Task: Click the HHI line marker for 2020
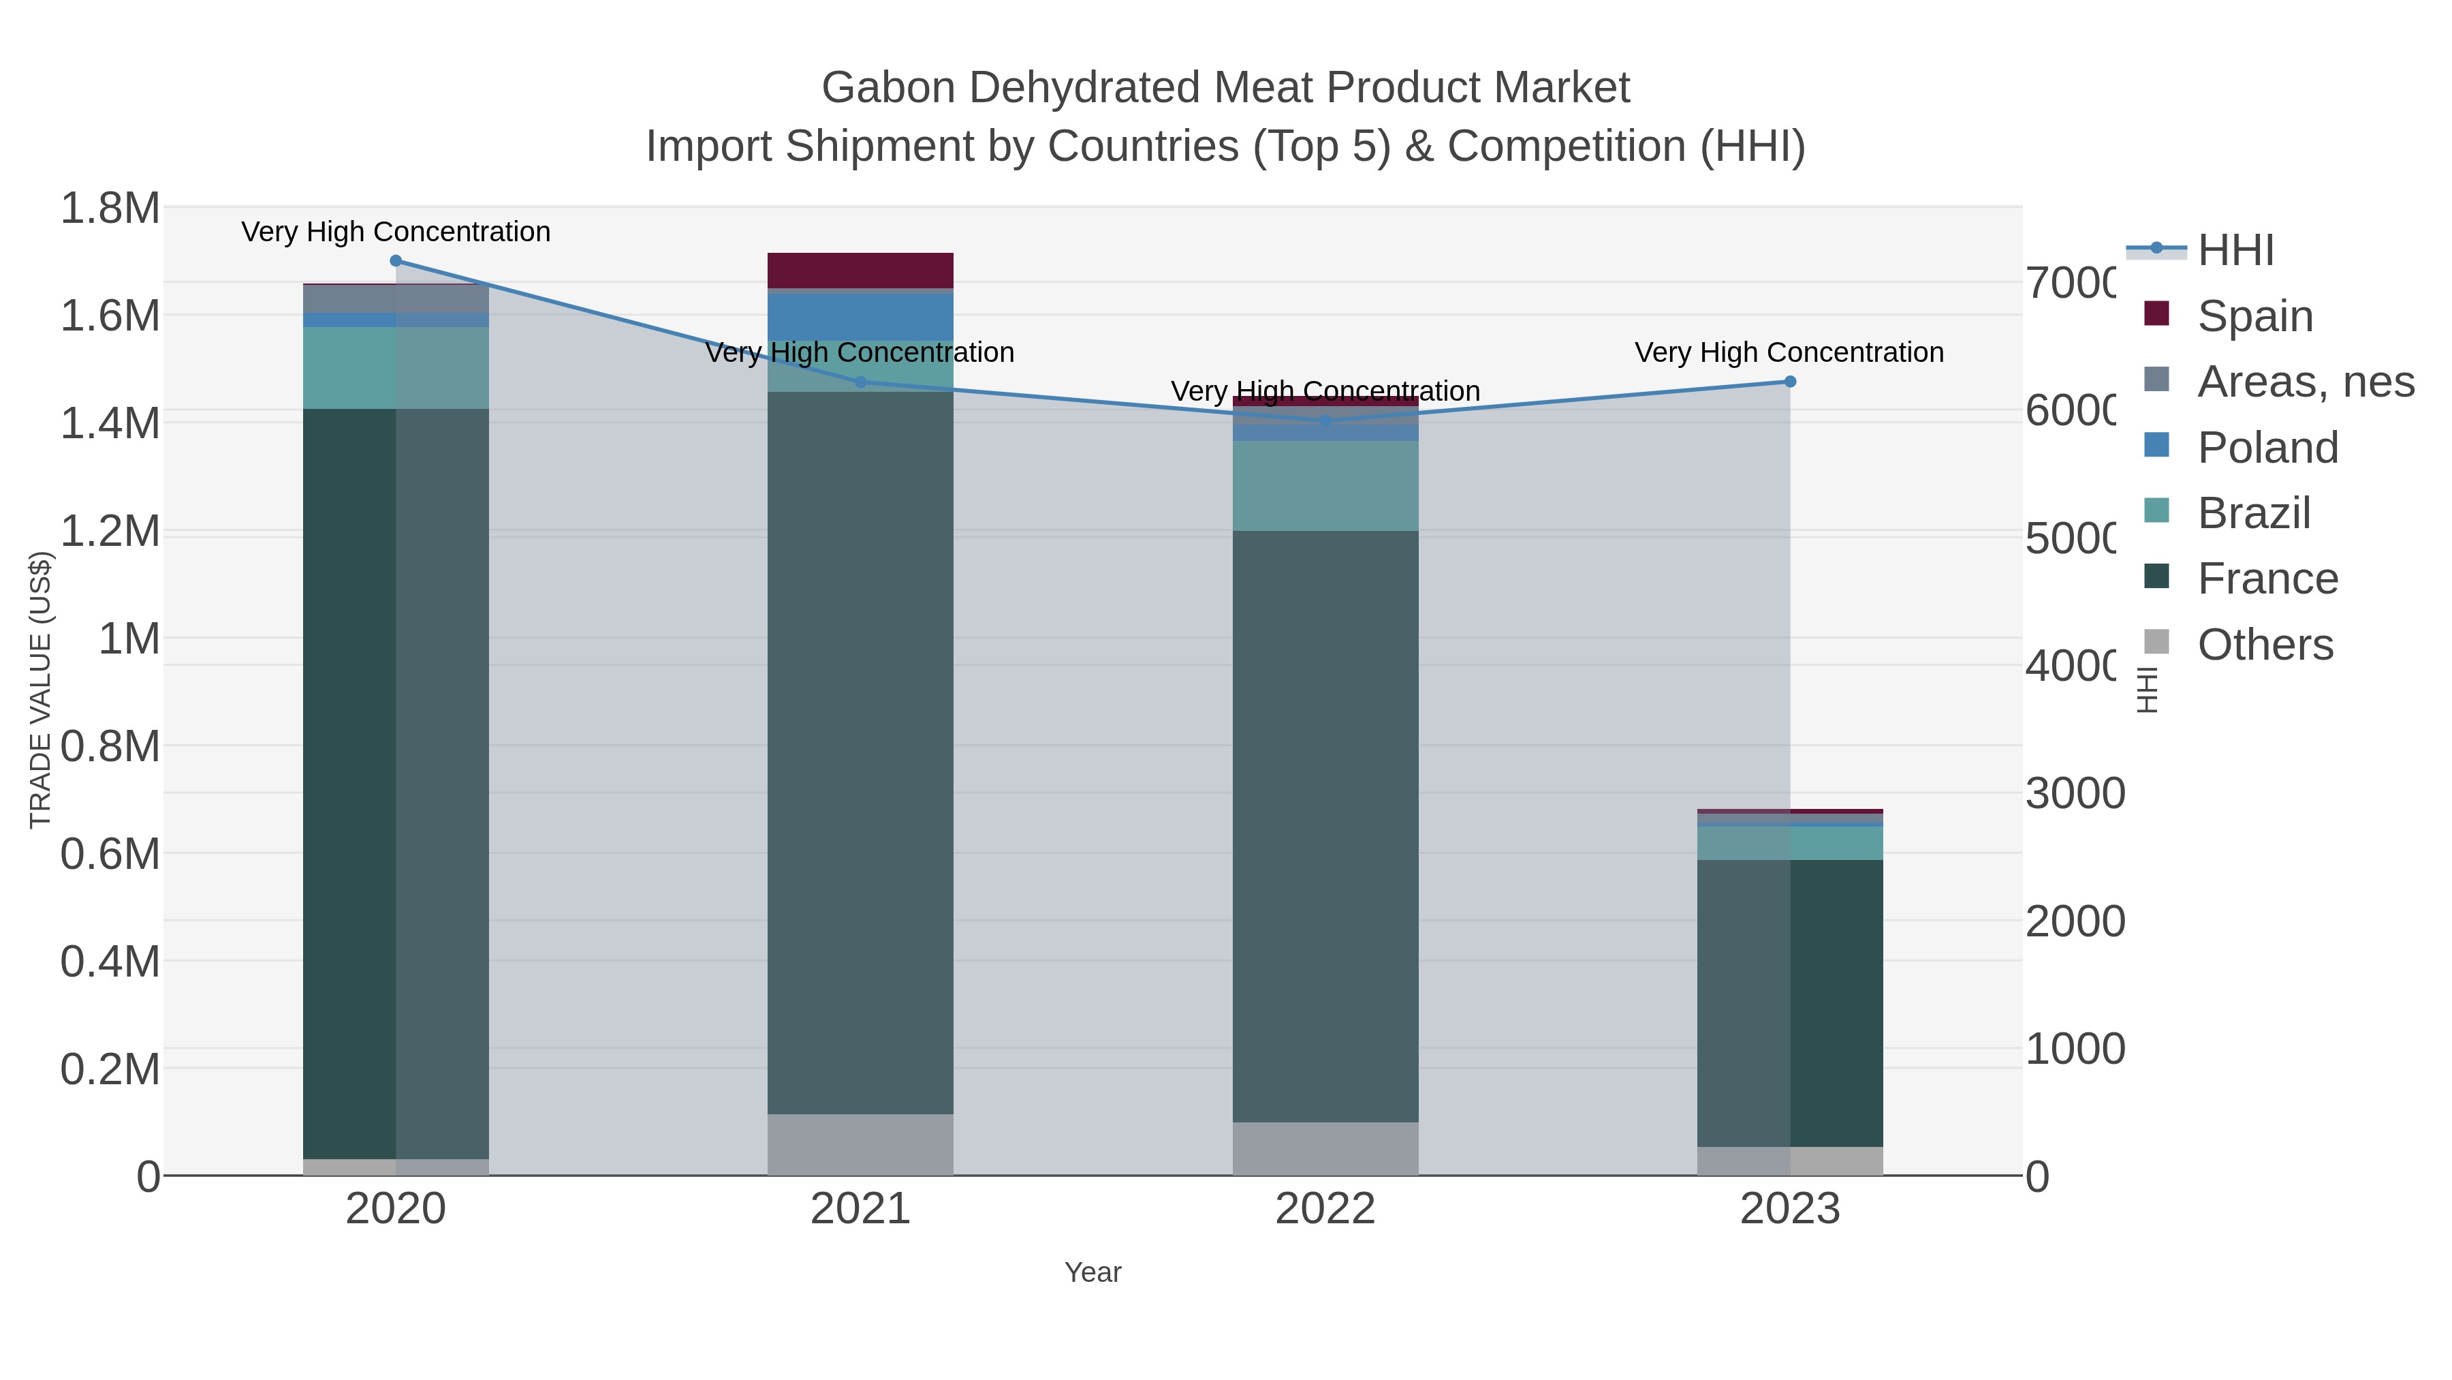(396, 261)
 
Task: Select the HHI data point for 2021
(860, 382)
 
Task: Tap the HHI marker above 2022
(1325, 420)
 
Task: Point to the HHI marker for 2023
(1789, 382)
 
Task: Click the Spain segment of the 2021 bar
(860, 271)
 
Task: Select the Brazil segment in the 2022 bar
(1325, 486)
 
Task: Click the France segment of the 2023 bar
(1789, 1003)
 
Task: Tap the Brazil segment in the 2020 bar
(396, 367)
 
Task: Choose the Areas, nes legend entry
(2304, 382)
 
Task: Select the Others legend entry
(2265, 645)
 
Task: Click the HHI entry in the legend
(2235, 251)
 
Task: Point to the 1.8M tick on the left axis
(110, 209)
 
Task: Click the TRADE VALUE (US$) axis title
(40, 690)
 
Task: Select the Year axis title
(1093, 1272)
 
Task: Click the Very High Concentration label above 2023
(1789, 352)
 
